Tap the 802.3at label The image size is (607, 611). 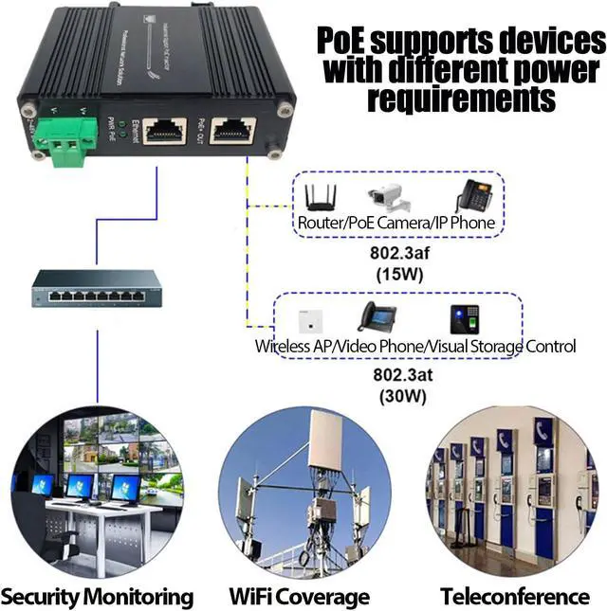coord(399,375)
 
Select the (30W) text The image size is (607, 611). coord(399,397)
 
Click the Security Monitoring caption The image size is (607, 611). coord(98,597)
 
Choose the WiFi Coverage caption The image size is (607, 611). coord(299,597)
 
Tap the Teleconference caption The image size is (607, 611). coord(515,597)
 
